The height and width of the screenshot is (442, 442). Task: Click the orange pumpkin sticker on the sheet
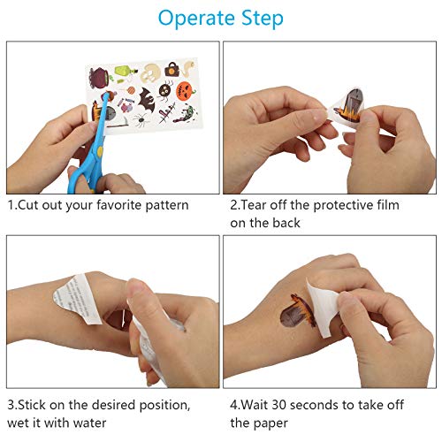coord(186,91)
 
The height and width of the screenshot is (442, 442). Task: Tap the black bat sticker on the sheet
coord(147,99)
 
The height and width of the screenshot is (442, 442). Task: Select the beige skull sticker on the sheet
coord(150,73)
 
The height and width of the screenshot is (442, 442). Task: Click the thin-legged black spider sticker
coord(141,120)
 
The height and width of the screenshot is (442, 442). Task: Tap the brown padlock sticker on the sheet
coord(171,69)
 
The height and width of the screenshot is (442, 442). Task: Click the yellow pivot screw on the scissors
coord(100,151)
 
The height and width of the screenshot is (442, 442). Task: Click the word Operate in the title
coord(196,19)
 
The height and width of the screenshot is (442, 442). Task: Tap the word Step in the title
coord(263,19)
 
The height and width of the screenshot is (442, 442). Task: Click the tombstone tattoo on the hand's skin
coord(297,312)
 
